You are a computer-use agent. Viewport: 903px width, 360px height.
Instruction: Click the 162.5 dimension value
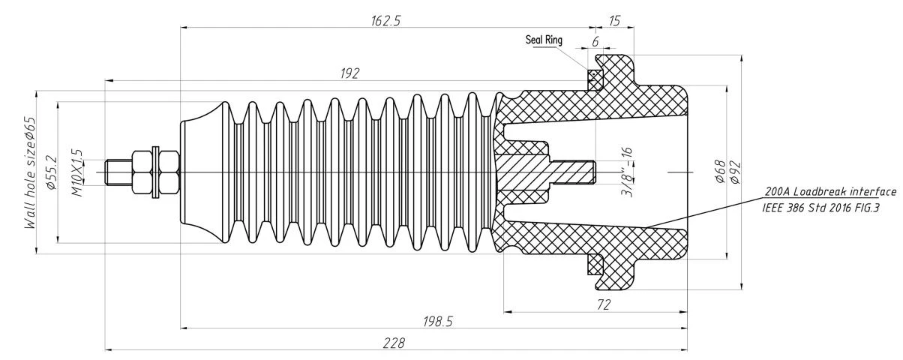click(385, 20)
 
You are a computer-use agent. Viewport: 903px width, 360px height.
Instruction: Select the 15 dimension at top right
click(614, 20)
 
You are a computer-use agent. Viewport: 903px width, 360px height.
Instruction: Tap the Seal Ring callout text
click(544, 40)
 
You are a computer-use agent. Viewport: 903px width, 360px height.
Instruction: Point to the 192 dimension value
click(349, 73)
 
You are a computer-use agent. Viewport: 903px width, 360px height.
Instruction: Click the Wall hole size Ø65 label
click(30, 173)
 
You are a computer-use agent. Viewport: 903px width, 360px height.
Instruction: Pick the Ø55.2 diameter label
click(52, 172)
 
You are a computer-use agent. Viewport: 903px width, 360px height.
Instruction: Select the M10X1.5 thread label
click(77, 173)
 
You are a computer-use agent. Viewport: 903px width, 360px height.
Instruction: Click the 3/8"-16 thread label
click(627, 172)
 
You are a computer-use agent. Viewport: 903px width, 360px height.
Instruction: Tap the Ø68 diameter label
click(721, 172)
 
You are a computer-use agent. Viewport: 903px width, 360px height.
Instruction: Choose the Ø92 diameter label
click(735, 172)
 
